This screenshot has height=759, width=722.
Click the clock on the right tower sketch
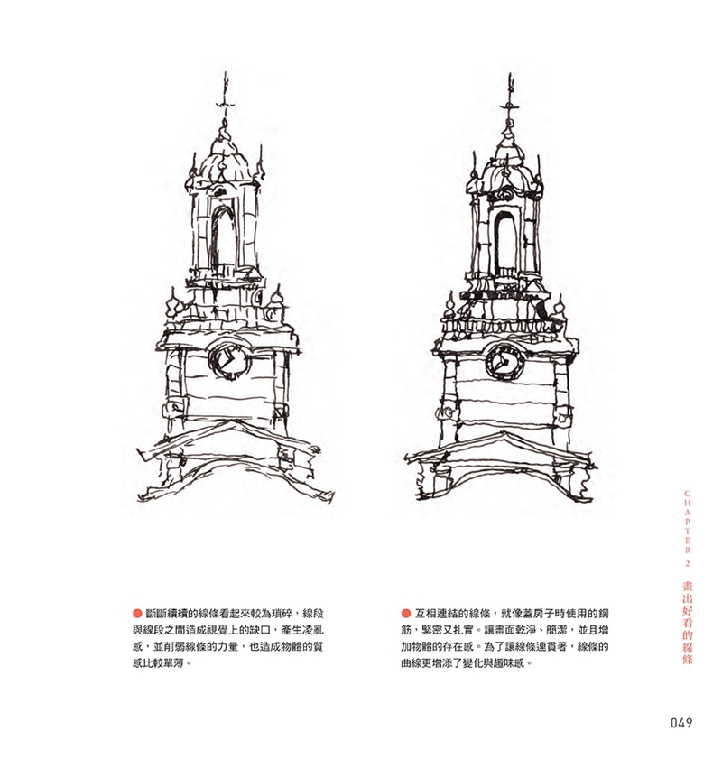pos(504,361)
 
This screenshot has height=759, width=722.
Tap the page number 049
pos(680,722)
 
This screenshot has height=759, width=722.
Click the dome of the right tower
pos(506,165)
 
